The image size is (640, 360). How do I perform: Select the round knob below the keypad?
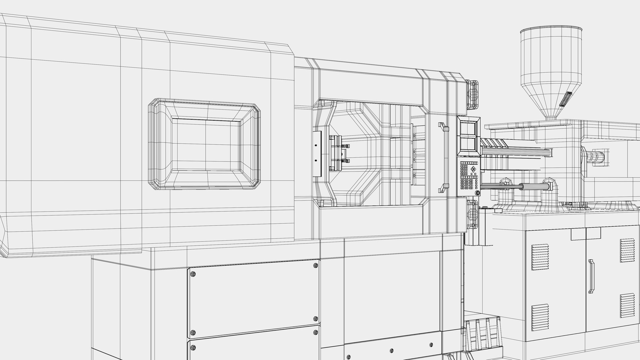pyautogui.click(x=478, y=193)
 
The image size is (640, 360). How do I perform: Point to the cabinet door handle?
pyautogui.click(x=591, y=276)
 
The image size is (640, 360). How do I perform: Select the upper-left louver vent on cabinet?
pyautogui.click(x=540, y=257)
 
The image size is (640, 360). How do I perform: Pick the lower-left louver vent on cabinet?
pyautogui.click(x=540, y=317)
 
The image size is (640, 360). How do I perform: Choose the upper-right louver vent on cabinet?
pyautogui.click(x=628, y=250)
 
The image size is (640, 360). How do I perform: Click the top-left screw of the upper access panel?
pyautogui.click(x=193, y=274)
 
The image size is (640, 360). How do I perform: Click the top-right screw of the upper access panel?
pyautogui.click(x=315, y=265)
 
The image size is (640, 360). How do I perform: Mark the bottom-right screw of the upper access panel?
pyautogui.click(x=315, y=319)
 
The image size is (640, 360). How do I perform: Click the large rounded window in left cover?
pyautogui.click(x=204, y=144)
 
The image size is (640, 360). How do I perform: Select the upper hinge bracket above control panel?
pyautogui.click(x=473, y=95)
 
